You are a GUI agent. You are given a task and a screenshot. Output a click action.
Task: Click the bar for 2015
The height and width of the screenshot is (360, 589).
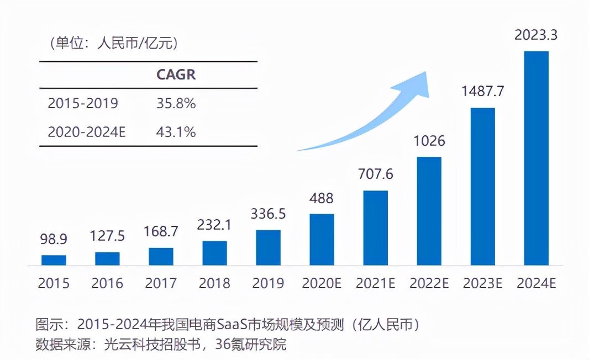point(54,260)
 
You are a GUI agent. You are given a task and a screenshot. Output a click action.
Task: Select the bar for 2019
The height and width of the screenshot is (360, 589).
point(268,247)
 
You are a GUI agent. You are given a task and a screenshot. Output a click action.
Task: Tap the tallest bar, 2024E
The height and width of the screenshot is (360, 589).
point(536,158)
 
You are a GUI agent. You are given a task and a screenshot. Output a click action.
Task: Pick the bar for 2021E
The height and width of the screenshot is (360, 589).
point(375,228)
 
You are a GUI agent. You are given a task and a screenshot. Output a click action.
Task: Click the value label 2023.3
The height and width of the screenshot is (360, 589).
point(536,35)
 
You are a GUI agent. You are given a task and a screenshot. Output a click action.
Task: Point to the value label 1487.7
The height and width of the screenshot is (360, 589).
point(482,91)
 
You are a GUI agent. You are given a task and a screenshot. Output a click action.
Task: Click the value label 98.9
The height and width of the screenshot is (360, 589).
point(54,240)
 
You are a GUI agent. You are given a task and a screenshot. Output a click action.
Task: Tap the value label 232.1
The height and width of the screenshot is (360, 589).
point(214,225)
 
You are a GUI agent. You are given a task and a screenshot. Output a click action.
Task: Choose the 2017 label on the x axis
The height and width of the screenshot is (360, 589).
point(161,283)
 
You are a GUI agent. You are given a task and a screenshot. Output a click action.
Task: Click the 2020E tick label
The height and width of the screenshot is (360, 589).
point(322,283)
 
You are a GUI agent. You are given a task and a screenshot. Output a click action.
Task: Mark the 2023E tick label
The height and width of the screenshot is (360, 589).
point(482,283)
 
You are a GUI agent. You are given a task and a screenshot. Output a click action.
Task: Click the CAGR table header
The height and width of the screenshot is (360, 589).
point(176,75)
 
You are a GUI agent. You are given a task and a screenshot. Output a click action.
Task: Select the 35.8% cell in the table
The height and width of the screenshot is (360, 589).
point(176,103)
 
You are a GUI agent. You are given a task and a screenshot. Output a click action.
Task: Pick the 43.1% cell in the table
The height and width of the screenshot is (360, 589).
point(176,132)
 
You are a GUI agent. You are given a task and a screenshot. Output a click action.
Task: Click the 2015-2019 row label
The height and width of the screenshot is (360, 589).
point(83,103)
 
